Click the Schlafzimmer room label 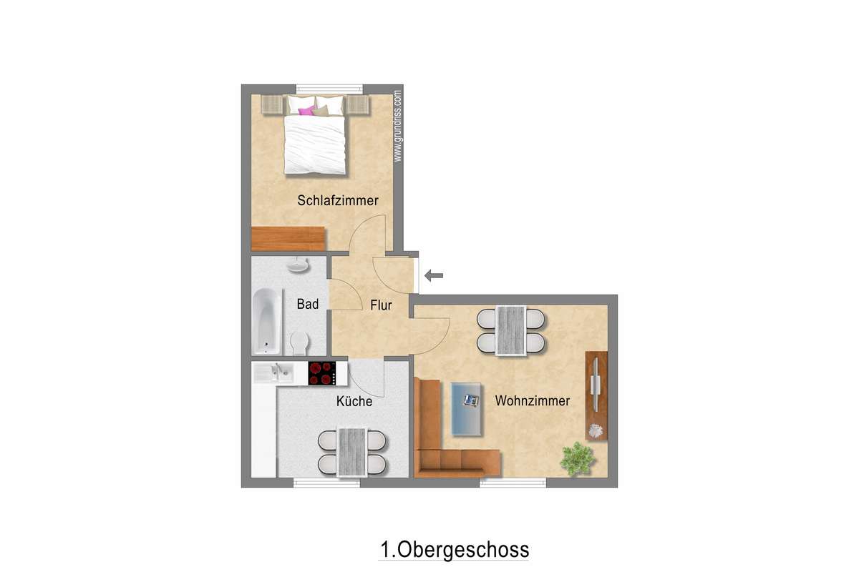click(338, 200)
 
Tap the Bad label click(308, 304)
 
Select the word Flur click(381, 305)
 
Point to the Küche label click(354, 401)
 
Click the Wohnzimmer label click(533, 400)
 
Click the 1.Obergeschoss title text click(455, 550)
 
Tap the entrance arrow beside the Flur click(434, 275)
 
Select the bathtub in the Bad click(267, 321)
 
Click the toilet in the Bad click(299, 343)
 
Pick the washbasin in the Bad click(298, 265)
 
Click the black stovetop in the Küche click(322, 373)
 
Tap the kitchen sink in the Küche click(273, 373)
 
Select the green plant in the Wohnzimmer click(577, 459)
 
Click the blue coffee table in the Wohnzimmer click(466, 409)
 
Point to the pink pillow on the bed click(307, 111)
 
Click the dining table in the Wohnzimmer click(510, 331)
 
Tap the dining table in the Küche click(351, 452)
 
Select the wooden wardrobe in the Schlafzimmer click(288, 239)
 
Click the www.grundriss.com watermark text click(398, 126)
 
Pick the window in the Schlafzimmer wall click(329, 89)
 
